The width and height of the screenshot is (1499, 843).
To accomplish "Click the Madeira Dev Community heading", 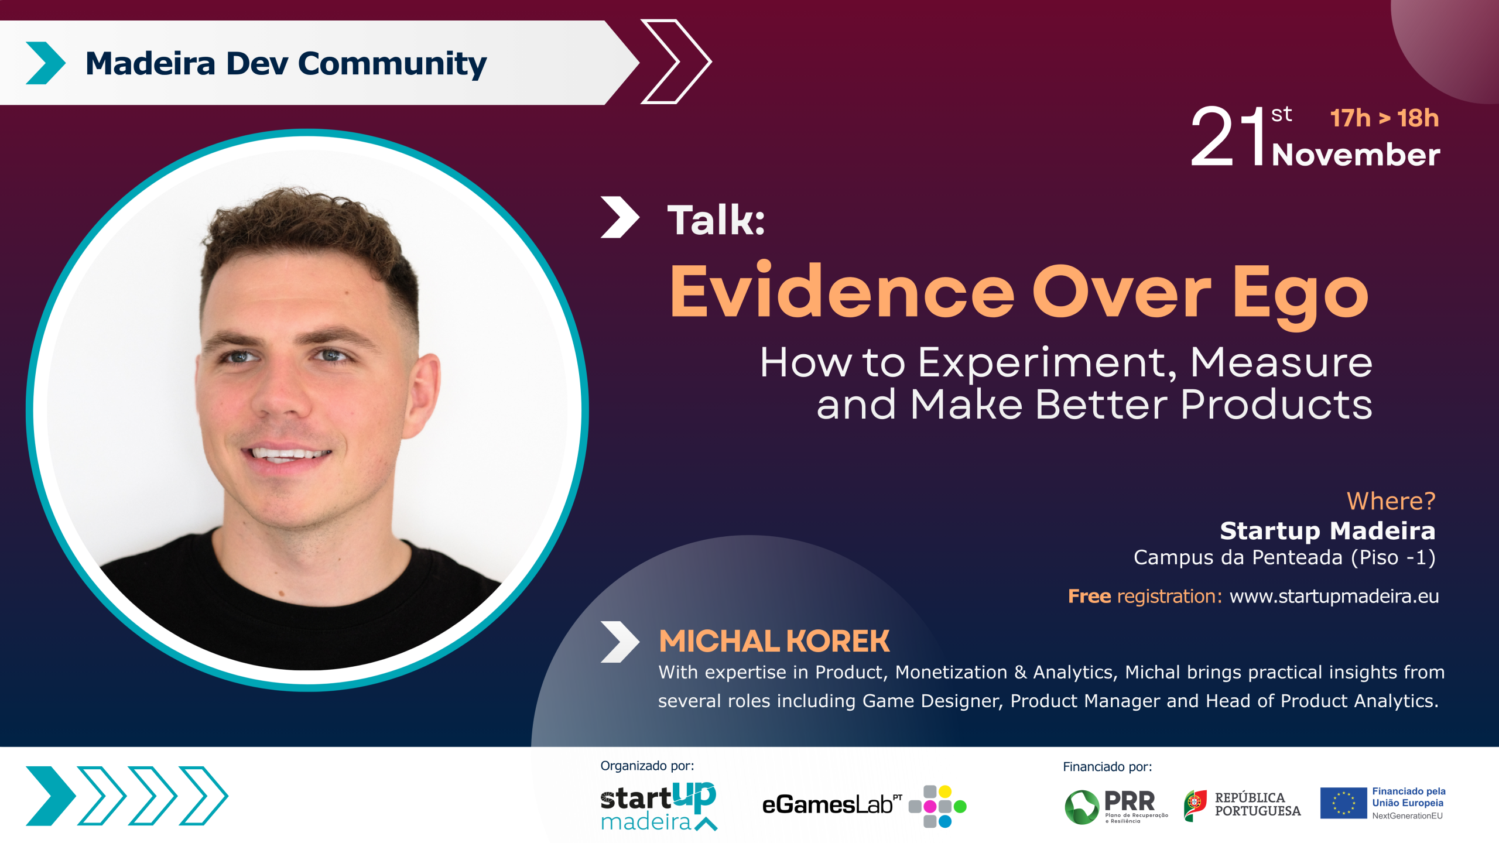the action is (286, 64).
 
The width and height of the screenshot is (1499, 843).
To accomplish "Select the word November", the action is (1356, 155).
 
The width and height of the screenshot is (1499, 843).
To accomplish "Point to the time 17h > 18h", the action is (1384, 118).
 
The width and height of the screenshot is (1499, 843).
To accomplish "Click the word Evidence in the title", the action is (842, 290).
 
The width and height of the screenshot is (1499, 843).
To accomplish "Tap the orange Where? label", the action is (1391, 501).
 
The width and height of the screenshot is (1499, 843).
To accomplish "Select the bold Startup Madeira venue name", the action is (1327, 531).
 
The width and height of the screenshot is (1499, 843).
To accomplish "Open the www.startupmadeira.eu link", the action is (1334, 596).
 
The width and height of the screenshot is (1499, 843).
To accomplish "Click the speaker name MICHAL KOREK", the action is (774, 641).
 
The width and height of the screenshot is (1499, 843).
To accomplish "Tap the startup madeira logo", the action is (659, 806).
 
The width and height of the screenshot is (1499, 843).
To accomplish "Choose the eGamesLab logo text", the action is (831, 805).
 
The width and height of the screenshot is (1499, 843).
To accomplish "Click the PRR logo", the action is (1115, 807).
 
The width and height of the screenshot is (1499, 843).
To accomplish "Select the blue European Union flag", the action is (1343, 803).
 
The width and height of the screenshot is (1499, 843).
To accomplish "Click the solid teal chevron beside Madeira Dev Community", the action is (46, 63).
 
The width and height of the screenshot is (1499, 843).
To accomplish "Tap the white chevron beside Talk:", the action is (620, 217).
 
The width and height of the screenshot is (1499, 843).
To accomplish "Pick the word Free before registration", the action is (1089, 596).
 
